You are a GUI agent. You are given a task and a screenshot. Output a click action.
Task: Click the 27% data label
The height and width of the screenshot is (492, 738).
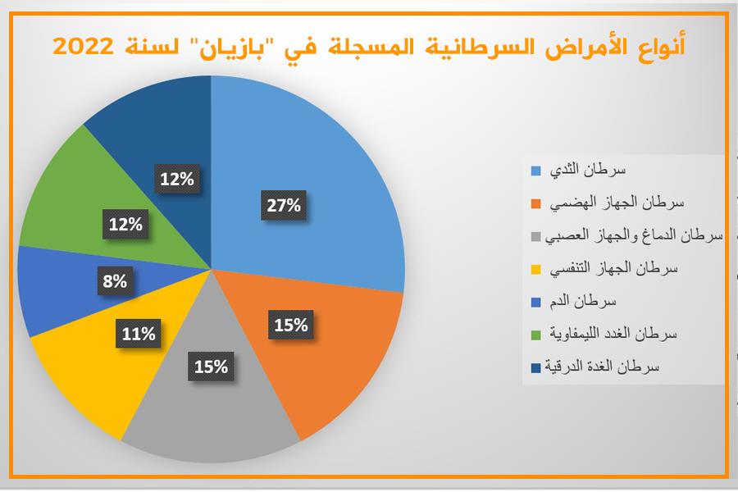pos(284,205)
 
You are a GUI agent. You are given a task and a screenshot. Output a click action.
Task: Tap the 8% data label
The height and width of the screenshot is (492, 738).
pos(115,281)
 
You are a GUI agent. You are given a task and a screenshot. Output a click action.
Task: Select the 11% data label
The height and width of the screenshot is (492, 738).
pos(139,334)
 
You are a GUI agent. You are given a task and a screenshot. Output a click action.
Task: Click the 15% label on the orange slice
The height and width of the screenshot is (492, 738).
pos(291,325)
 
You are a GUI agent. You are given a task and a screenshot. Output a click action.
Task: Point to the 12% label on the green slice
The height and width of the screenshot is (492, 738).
pos(125,224)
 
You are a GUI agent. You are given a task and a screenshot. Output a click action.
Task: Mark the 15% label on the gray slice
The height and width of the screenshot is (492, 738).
pos(211,367)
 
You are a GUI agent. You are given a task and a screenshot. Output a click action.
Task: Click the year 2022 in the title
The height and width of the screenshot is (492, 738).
pos(84,47)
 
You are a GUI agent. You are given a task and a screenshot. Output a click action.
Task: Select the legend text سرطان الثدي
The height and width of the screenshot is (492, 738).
pos(588,170)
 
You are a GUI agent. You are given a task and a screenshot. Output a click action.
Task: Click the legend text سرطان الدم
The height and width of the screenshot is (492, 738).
pos(583,301)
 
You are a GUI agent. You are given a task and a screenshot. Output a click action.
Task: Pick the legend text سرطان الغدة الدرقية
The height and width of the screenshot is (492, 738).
pos(602,367)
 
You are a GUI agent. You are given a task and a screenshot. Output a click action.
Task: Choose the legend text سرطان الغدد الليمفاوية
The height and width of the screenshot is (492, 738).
pos(613,334)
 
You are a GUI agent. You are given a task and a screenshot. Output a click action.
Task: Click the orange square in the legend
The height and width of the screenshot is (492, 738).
pos(536,204)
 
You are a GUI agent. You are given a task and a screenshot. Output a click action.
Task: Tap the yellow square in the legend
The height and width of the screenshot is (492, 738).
pos(536,269)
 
